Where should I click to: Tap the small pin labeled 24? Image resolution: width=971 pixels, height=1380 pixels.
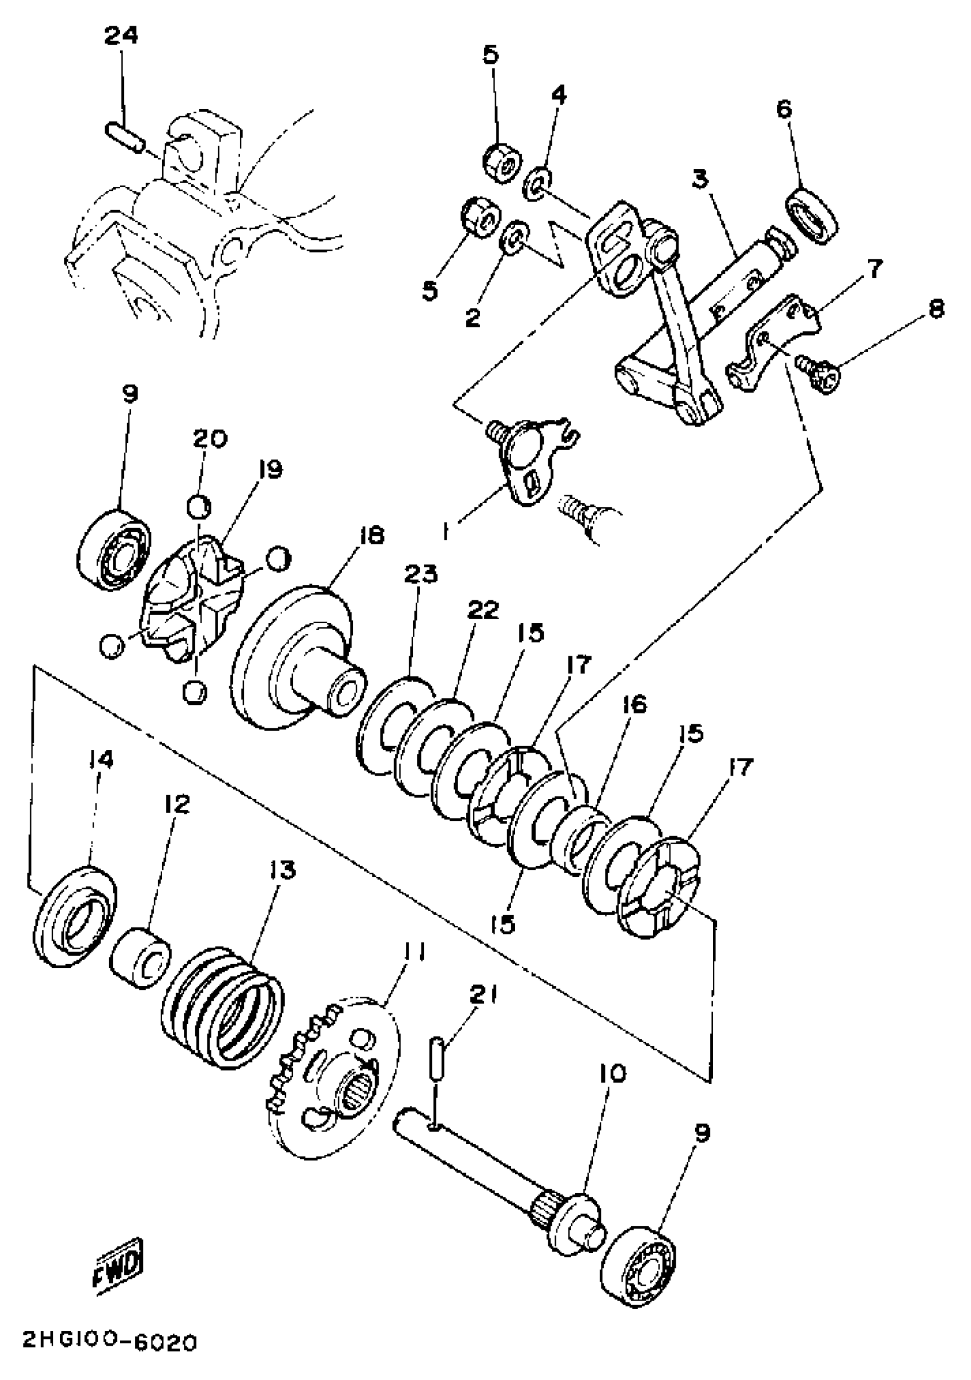click(x=125, y=138)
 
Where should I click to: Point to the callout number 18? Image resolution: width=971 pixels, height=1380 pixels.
click(x=370, y=536)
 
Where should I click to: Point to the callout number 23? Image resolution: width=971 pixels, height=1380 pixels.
click(x=420, y=575)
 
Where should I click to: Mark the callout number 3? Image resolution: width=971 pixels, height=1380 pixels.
click(x=700, y=180)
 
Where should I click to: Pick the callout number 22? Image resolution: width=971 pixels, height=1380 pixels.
click(x=483, y=610)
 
